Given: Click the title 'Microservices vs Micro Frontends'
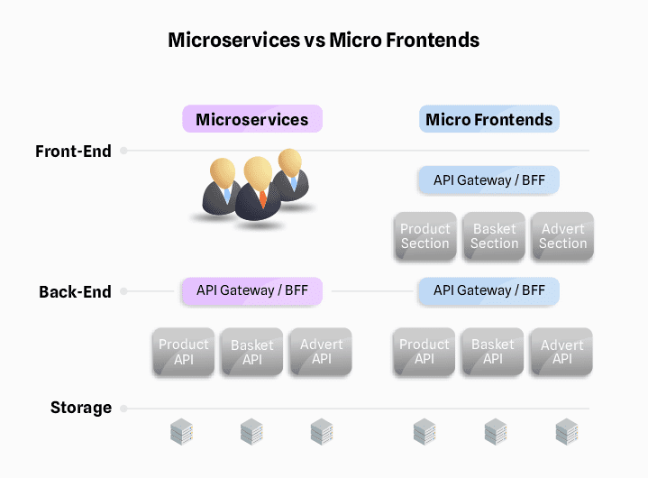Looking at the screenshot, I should [x=324, y=41].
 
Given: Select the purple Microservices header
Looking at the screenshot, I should [x=251, y=119].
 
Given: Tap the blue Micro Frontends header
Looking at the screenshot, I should [x=488, y=119].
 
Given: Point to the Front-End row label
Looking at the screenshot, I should [x=73, y=152].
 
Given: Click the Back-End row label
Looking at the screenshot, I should [x=75, y=292].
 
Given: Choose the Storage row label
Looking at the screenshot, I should [x=80, y=408].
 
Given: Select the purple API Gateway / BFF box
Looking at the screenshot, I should [x=251, y=290].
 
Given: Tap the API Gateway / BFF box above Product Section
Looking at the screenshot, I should [x=488, y=179].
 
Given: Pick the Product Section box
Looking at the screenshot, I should [x=424, y=236].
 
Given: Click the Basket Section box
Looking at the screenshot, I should [x=494, y=236].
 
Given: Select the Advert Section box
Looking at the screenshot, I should [x=562, y=236].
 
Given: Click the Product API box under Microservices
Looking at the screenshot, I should [x=183, y=352].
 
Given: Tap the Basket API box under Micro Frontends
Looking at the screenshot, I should [x=493, y=352].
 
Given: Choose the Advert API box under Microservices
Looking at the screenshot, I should [x=321, y=352].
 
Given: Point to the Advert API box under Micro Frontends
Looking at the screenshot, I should [x=561, y=352].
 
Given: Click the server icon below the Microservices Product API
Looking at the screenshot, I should [x=182, y=432].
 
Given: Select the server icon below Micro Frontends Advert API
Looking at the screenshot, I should [x=566, y=432].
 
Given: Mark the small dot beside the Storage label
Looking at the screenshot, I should [x=124, y=408].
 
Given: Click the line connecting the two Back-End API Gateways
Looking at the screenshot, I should [x=370, y=291].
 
